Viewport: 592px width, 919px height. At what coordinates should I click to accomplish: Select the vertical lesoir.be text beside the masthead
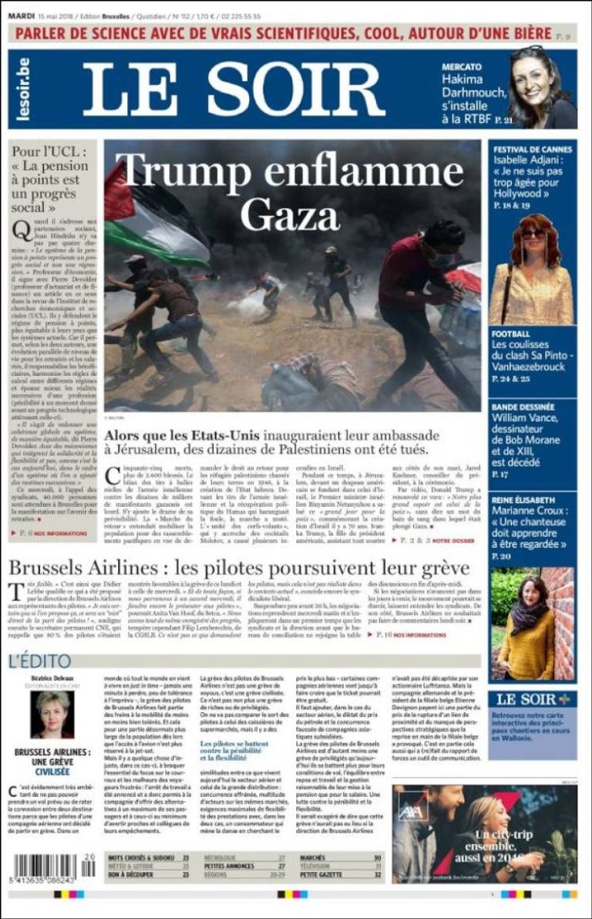pyautogui.click(x=22, y=89)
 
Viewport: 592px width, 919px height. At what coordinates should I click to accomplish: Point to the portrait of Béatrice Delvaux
pyautogui.click(x=52, y=715)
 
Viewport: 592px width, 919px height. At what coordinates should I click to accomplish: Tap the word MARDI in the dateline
pyautogui.click(x=23, y=16)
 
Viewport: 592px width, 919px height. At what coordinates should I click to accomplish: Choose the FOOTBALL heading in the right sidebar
pyautogui.click(x=511, y=333)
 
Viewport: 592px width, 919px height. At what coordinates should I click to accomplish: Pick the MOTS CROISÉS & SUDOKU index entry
pyautogui.click(x=138, y=857)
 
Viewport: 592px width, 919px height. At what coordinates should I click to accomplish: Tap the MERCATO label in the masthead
pyautogui.click(x=462, y=67)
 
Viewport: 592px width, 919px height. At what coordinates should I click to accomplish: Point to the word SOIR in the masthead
pyautogui.click(x=297, y=89)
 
